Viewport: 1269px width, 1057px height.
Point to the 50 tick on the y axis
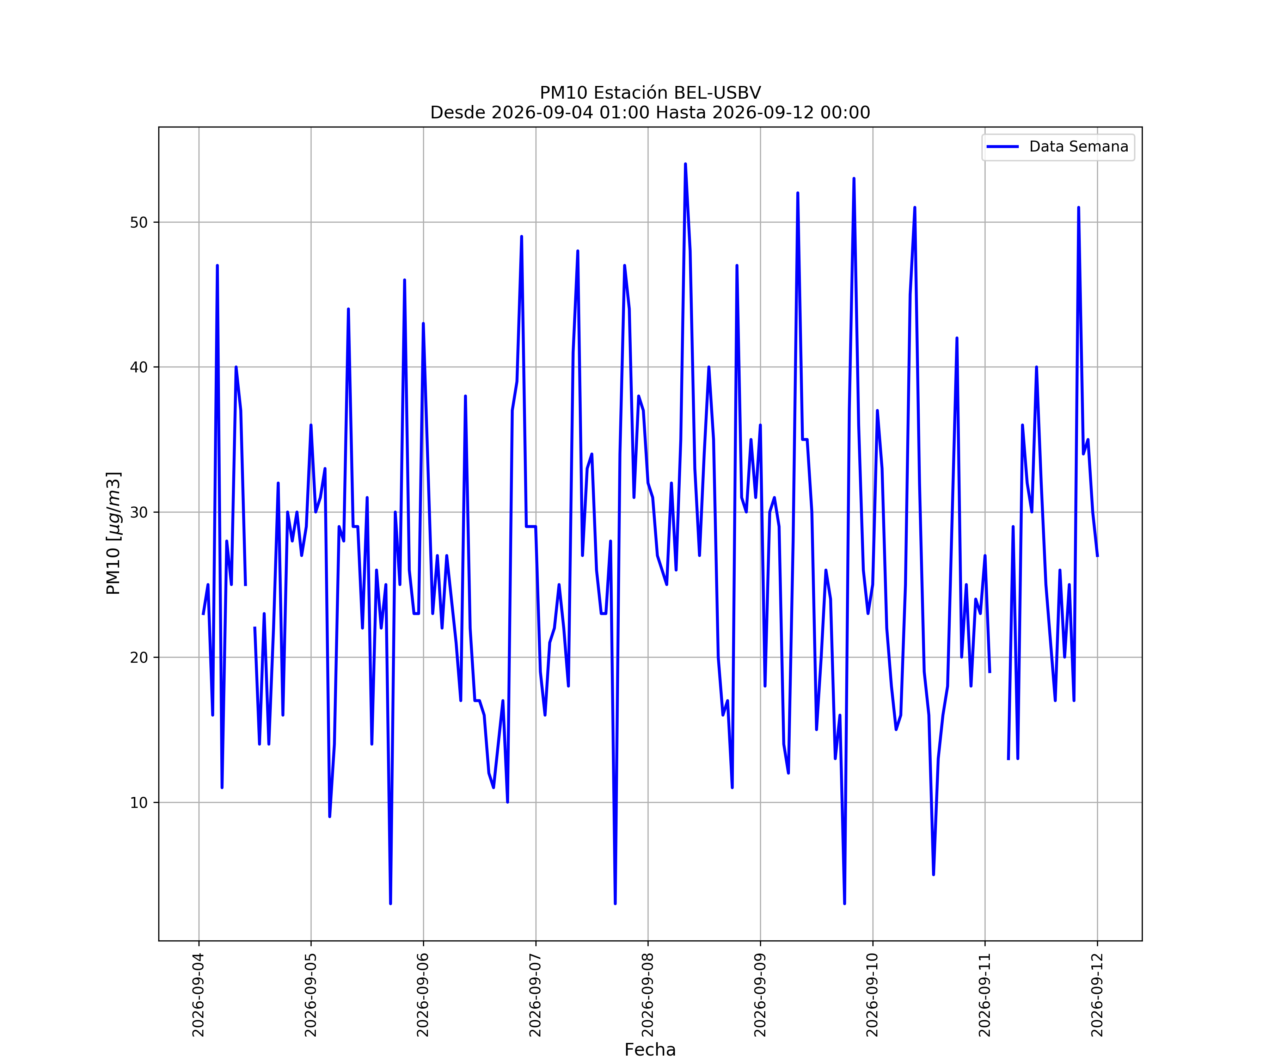[x=139, y=222]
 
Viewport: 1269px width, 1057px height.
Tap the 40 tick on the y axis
[x=139, y=367]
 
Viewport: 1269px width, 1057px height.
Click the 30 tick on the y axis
[x=139, y=512]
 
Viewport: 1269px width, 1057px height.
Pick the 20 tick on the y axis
[x=139, y=657]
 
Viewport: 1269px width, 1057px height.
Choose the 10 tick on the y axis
[x=139, y=802]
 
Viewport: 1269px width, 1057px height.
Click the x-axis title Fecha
[x=650, y=1050]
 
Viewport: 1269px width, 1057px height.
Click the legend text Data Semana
[x=1079, y=147]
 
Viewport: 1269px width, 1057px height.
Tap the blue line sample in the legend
[x=1003, y=147]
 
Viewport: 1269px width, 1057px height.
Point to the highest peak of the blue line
[x=685, y=164]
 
